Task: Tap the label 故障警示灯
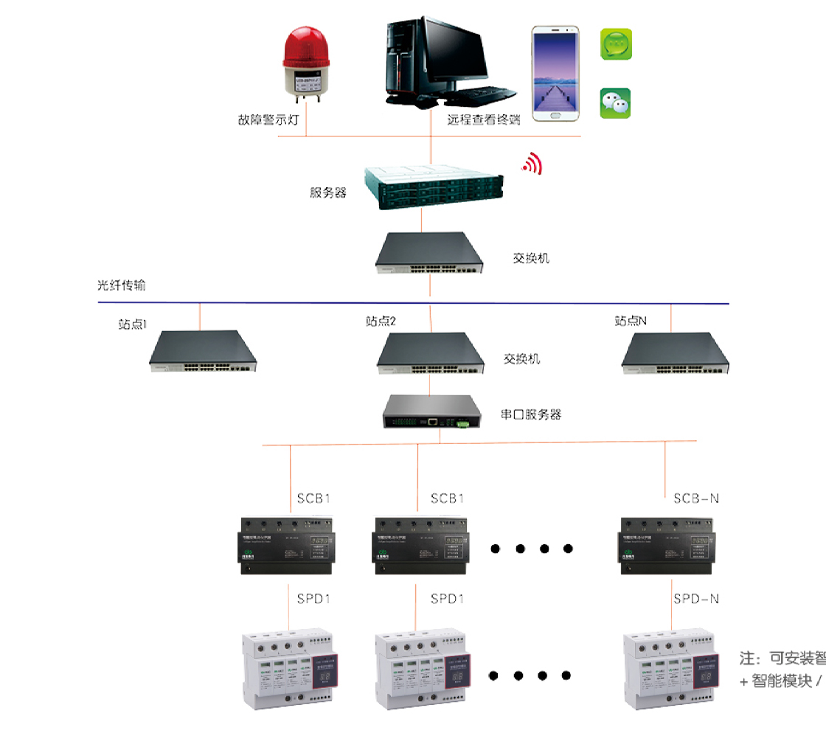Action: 267,120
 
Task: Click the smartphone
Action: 555,73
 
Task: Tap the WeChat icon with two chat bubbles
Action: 615,103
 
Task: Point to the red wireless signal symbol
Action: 532,164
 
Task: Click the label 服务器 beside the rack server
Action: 328,193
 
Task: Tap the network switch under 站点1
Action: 203,352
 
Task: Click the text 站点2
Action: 381,321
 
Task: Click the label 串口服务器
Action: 531,414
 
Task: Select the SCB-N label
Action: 695,498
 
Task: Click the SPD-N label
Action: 695,599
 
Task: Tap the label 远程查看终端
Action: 483,120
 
